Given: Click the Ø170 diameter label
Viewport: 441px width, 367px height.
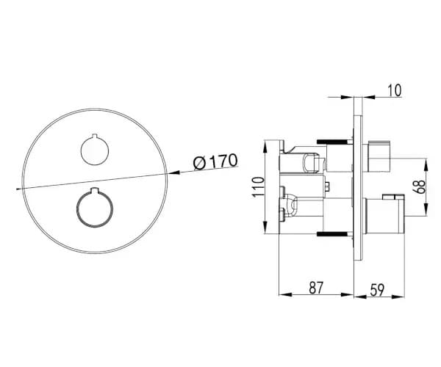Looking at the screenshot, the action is point(215,161).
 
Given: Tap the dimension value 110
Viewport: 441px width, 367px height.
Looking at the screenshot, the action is point(259,187).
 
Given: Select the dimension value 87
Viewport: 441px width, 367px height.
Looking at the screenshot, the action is point(316,288).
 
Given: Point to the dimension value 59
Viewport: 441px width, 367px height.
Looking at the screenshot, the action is point(377,290).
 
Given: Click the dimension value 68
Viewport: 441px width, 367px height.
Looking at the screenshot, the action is point(420,186).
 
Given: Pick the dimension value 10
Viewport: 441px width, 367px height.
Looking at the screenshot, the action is point(395,90).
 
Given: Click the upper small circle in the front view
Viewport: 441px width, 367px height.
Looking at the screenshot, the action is point(95,150).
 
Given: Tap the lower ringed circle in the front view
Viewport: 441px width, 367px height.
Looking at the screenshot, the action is point(95,208).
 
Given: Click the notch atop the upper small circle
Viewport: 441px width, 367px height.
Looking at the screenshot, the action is point(95,137).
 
